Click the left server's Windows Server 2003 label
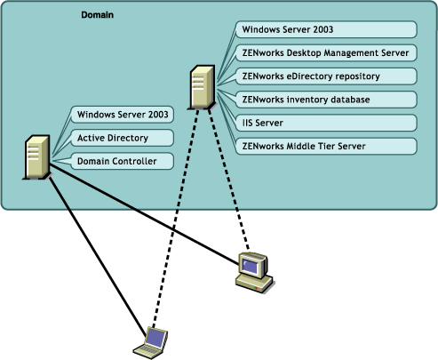(x=123, y=115)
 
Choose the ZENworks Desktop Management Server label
(x=324, y=52)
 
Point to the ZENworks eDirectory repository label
(x=316, y=76)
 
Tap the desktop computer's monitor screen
(x=252, y=264)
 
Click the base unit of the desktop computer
(x=254, y=283)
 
